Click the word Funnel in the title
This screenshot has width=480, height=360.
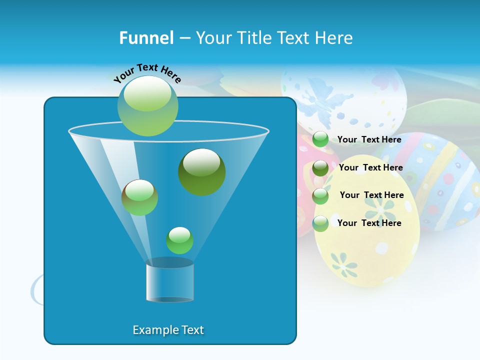[x=146, y=38]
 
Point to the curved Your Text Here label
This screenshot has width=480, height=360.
[x=147, y=73]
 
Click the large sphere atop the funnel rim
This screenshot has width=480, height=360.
[x=148, y=106]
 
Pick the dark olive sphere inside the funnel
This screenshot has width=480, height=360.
[x=202, y=171]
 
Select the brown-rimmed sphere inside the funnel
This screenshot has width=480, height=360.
[x=139, y=197]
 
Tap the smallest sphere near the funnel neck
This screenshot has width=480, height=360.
[x=179, y=240]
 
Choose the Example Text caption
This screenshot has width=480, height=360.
[x=168, y=330]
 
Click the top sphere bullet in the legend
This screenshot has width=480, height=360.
[x=320, y=139]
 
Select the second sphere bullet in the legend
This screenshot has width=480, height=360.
[x=320, y=168]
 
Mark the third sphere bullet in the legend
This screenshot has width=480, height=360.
[x=320, y=196]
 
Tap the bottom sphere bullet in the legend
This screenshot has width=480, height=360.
[x=320, y=223]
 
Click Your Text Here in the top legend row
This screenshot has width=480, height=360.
[x=369, y=139]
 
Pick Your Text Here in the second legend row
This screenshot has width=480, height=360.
[x=371, y=167]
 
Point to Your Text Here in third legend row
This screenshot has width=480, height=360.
[x=372, y=195]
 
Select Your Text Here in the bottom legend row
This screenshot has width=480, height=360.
[x=369, y=223]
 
